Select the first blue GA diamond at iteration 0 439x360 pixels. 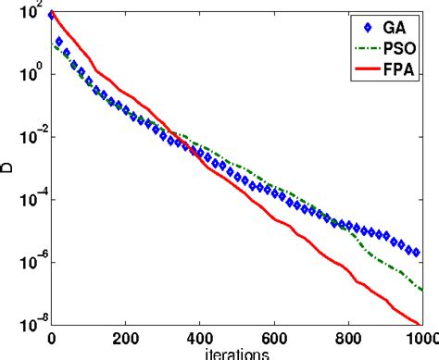tap(52, 15)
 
